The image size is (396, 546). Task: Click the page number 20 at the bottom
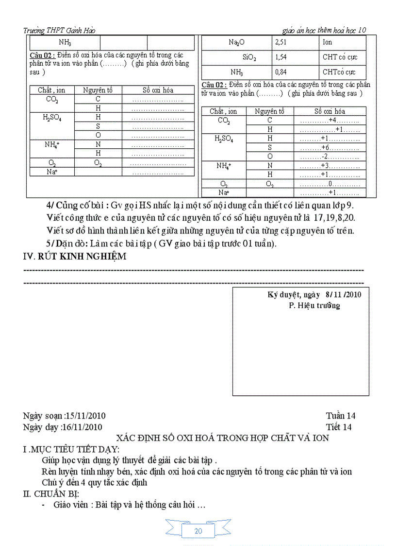(198, 531)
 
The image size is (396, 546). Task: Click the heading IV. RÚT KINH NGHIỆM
(75, 257)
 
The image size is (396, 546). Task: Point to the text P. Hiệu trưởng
(314, 306)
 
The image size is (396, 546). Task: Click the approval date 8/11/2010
(344, 295)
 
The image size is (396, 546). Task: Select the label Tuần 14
(341, 416)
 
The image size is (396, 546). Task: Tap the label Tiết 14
(339, 427)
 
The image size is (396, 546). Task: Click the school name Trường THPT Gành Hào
(59, 31)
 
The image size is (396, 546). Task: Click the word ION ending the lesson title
(321, 438)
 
